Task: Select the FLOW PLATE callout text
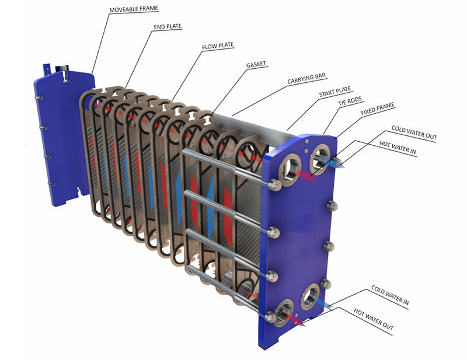point(217,46)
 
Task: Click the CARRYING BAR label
point(306,78)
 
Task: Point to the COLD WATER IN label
point(389,295)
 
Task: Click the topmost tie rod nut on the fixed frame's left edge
point(274,186)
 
